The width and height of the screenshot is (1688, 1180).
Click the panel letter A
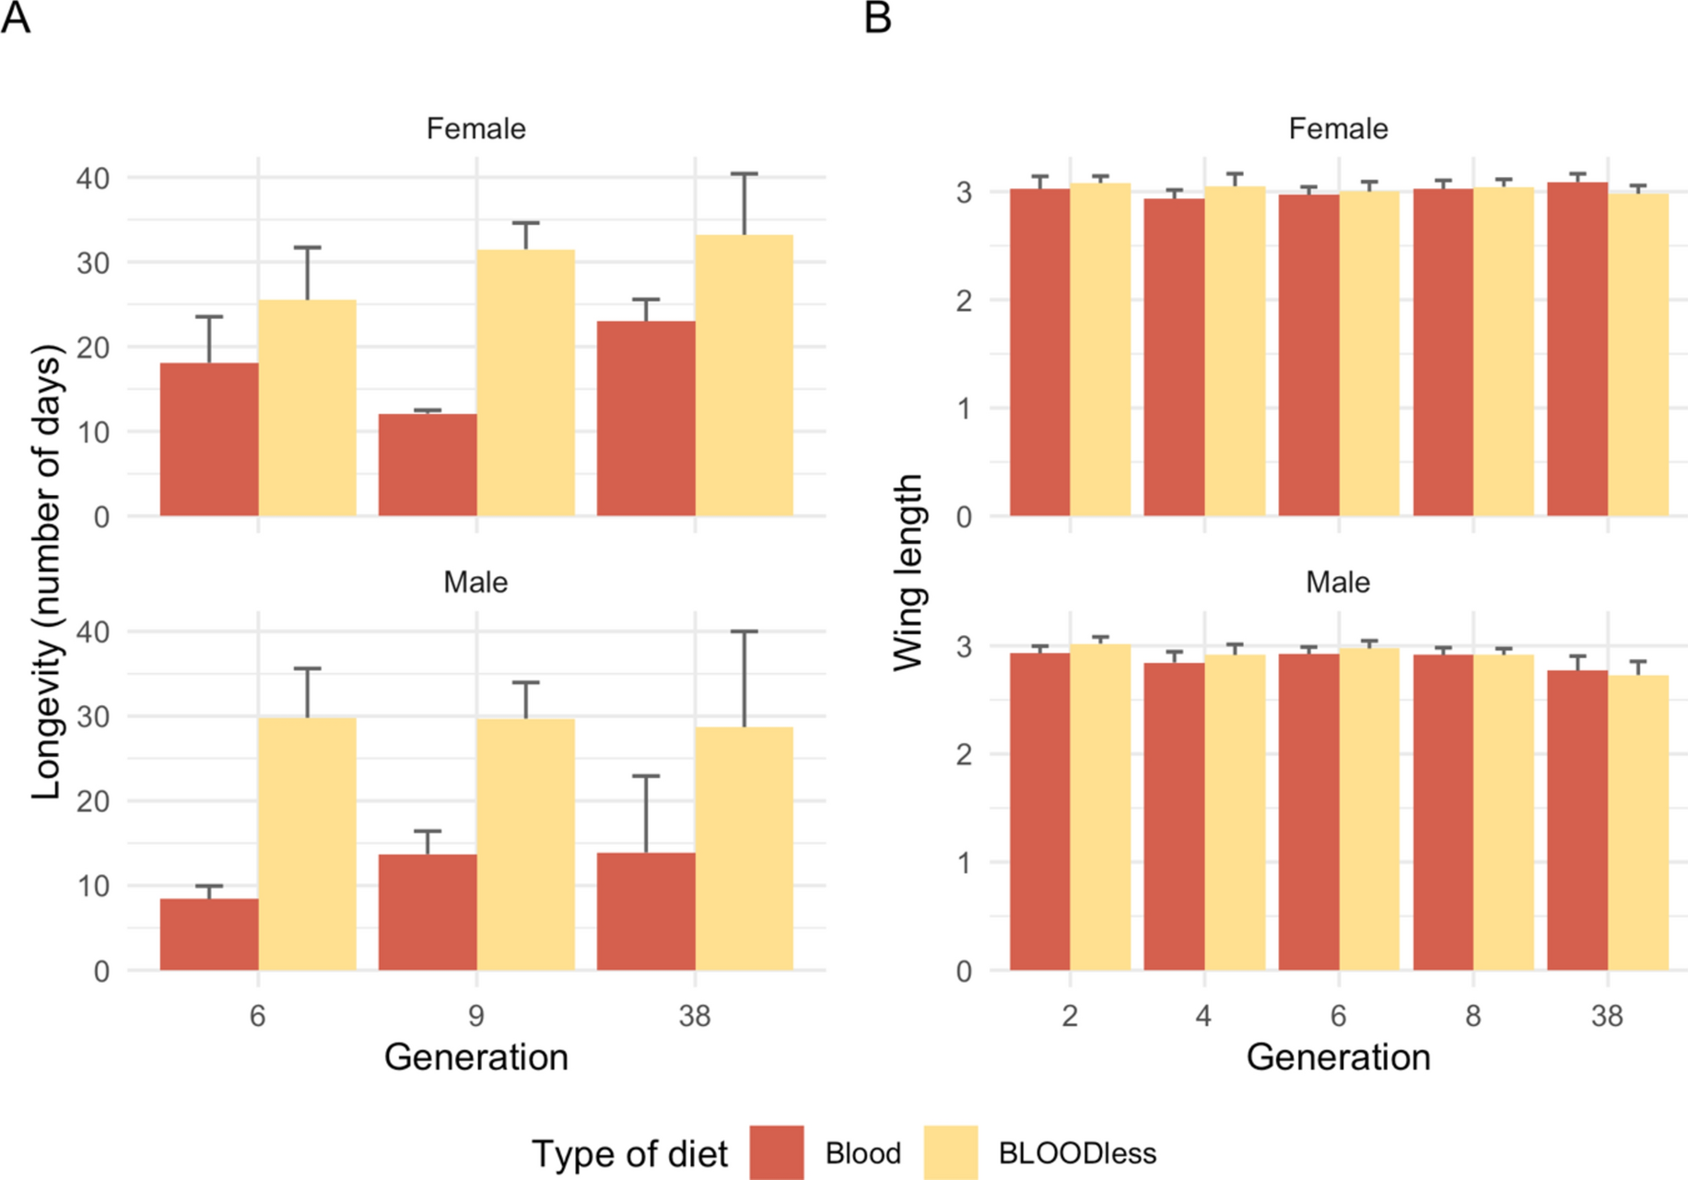tap(16, 18)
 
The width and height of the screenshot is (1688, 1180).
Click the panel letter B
tap(877, 18)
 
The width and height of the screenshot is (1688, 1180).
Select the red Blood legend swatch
tap(776, 1151)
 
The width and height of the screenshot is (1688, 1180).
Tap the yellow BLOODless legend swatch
tap(950, 1151)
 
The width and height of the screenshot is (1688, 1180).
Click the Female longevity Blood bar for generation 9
tap(428, 466)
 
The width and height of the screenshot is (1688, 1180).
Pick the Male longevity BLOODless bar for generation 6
tap(307, 844)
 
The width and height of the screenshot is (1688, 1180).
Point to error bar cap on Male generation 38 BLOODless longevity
tap(744, 632)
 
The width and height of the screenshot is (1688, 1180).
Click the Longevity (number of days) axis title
tap(46, 572)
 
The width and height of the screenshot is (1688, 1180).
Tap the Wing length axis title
tap(908, 572)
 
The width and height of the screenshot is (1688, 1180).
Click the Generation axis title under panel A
tap(475, 1056)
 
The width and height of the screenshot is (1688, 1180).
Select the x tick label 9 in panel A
tap(475, 1016)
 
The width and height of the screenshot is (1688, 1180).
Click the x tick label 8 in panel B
tap(1472, 1016)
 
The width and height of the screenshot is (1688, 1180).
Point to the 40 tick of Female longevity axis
tap(92, 178)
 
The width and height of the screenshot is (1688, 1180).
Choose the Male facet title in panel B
tap(1338, 583)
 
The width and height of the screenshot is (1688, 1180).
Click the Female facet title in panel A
tap(475, 129)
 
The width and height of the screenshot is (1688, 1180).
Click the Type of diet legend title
tap(629, 1153)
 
